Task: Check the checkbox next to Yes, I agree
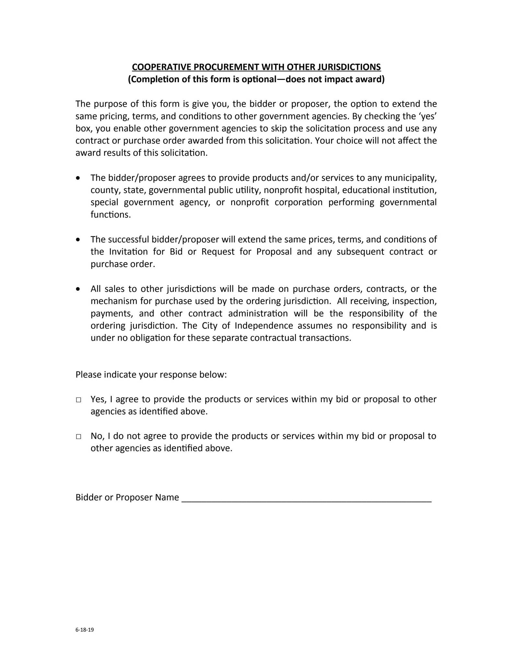coord(78,400)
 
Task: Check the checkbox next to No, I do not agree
coord(78,437)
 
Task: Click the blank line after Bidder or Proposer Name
coord(306,498)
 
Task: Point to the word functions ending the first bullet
coord(110,215)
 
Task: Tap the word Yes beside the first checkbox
coord(97,399)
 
